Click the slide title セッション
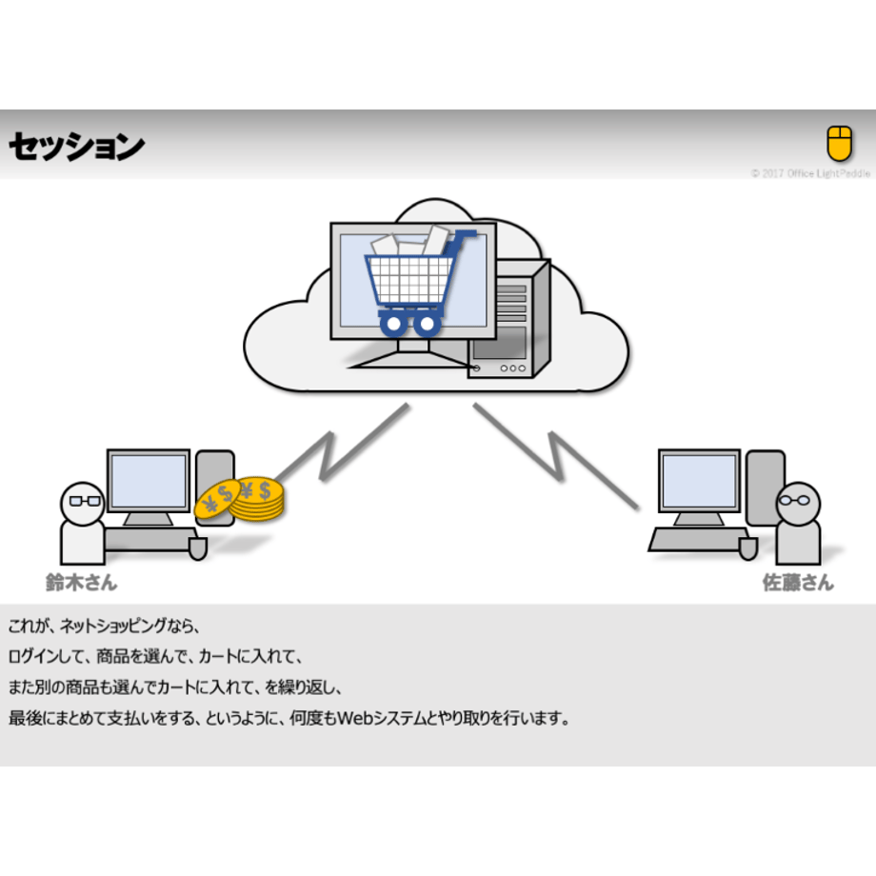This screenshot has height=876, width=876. [76, 147]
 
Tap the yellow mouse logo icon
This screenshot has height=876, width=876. [839, 143]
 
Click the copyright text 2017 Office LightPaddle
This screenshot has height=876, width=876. [816, 173]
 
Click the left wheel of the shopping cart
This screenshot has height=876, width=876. [394, 324]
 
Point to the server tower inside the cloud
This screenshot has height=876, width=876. [509, 319]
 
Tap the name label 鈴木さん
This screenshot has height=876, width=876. [82, 583]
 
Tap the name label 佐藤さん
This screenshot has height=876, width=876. [798, 583]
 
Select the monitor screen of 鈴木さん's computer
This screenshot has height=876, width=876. [149, 481]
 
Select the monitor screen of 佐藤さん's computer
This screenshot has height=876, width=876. [700, 481]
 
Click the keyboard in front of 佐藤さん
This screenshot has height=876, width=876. [697, 540]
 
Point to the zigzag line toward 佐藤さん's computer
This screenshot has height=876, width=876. [556, 456]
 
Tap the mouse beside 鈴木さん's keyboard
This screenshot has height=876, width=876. [198, 548]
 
